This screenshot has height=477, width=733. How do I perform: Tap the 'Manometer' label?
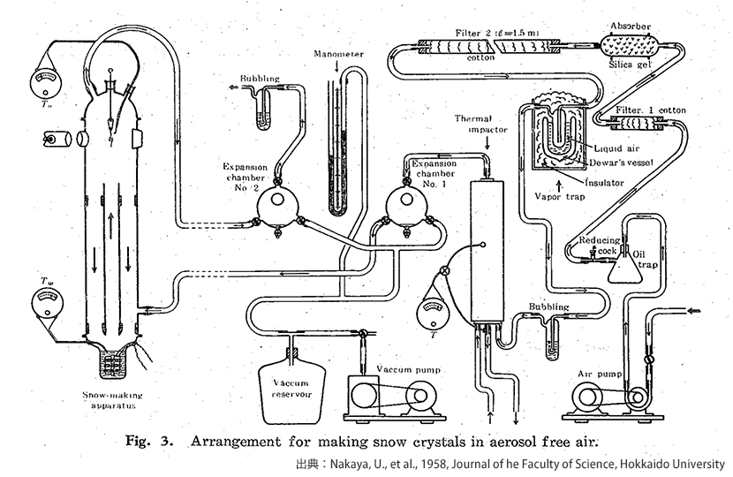(x=338, y=54)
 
